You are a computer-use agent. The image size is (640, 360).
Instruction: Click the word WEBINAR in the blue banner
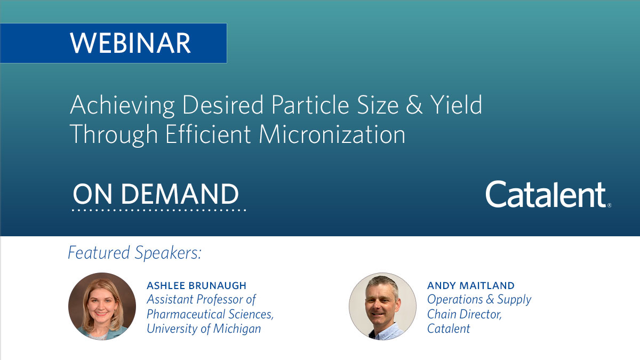130,43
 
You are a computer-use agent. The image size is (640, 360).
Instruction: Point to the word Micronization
332,134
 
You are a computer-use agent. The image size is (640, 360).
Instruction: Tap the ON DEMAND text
156,194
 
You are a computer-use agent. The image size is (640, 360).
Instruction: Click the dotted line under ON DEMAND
159,210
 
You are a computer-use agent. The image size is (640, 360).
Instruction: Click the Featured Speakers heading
134,253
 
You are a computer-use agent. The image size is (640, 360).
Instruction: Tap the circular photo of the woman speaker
102,306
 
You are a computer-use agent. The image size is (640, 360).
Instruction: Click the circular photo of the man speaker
382,306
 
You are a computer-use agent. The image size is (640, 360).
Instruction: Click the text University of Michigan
204,328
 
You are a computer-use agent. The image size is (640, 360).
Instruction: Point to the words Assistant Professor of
202,300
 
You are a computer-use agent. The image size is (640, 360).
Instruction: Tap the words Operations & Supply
479,300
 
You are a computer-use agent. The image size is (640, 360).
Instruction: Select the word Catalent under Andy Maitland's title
449,329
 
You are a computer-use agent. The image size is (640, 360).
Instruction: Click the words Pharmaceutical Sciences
210,314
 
